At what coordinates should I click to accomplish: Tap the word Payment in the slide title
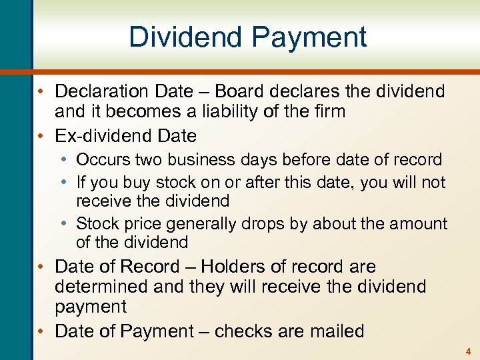click(x=312, y=37)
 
